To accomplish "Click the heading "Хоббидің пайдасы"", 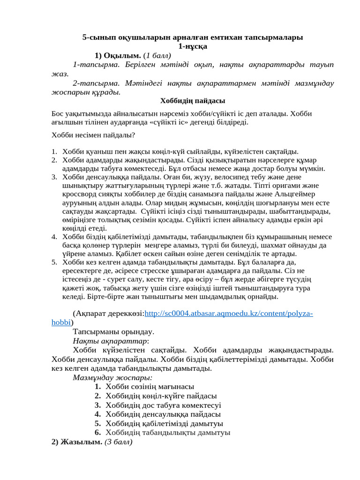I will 193,101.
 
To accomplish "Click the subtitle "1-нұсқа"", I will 193,46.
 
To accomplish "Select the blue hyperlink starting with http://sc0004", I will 229,313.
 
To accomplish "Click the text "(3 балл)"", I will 119,442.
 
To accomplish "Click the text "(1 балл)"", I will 157,55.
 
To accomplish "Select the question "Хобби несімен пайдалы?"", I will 93,135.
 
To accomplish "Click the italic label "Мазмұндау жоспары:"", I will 112,377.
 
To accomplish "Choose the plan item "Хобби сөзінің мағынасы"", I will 150,386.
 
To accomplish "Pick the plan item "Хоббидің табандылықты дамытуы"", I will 168,432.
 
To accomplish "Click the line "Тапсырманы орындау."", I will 113,331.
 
